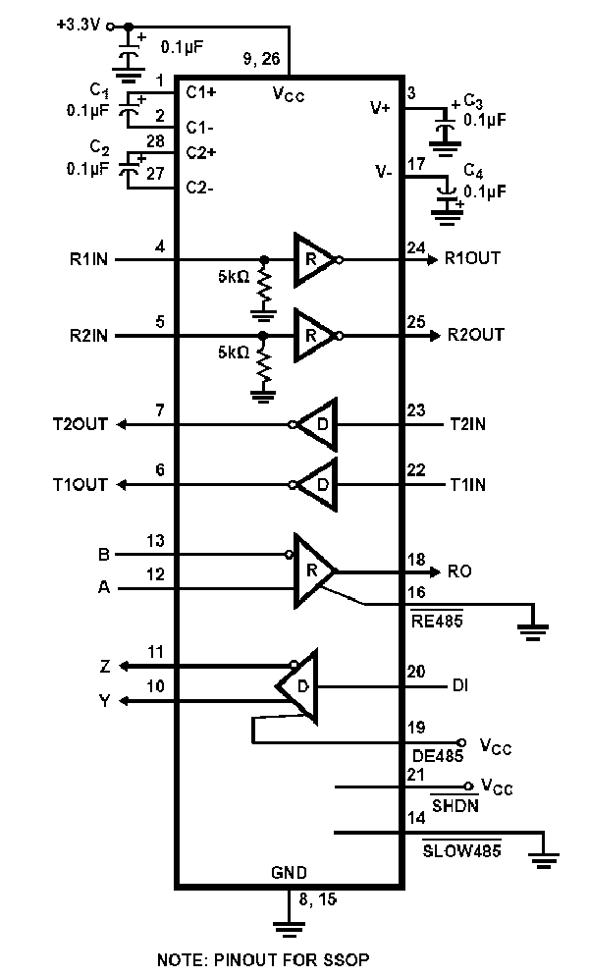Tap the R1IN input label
[89, 259]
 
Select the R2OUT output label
[475, 335]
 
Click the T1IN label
[467, 484]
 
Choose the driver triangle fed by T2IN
[320, 424]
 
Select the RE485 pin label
[437, 622]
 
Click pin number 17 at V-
[416, 164]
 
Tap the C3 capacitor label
[473, 102]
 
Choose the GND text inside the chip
[289, 872]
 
